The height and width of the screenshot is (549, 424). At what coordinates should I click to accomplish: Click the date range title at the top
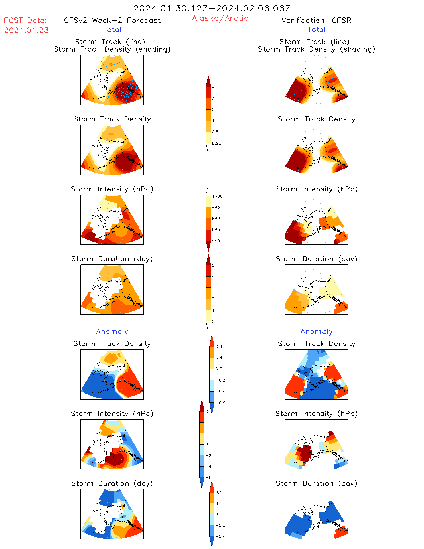pos(212,8)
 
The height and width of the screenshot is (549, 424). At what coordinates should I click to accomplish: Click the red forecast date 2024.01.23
pos(26,30)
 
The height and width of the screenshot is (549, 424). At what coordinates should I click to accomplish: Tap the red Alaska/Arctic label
pos(220,18)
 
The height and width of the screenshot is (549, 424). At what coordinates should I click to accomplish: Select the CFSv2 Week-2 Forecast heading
pos(112,20)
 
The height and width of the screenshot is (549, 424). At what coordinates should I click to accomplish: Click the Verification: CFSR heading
pos(316,20)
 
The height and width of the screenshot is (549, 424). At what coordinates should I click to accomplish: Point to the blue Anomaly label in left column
pos(112,331)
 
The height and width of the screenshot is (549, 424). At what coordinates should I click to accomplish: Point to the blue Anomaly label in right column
pos(317,331)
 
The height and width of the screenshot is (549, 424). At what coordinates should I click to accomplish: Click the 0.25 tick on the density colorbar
pos(216,143)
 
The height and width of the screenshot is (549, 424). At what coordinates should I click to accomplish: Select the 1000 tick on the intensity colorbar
pos(217,196)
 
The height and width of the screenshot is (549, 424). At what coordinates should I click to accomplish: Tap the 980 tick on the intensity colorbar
pos(216,241)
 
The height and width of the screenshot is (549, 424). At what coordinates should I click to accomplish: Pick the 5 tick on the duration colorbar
pos(213,265)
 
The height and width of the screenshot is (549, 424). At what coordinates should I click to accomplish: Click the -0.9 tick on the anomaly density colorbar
pos(220,403)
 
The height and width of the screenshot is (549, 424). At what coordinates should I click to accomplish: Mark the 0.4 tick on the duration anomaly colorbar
pos(218,492)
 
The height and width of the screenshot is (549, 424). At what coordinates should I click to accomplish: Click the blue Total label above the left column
pos(112,29)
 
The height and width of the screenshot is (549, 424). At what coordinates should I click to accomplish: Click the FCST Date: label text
pos(25,20)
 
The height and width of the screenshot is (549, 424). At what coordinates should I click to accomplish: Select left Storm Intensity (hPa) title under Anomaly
pos(112,414)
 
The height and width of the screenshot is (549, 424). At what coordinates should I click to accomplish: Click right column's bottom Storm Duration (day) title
pos(317,483)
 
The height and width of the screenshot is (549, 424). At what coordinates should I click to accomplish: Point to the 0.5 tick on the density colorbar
pos(215,132)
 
